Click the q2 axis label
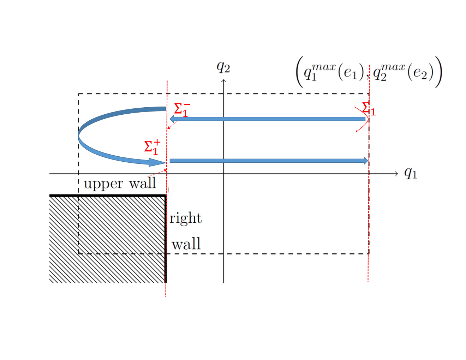[223, 67]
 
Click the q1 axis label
[411, 173]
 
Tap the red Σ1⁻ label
[182, 109]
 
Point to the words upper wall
[120, 184]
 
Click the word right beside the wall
[185, 218]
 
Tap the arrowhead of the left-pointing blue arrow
[172, 119]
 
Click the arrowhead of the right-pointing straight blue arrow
[366, 161]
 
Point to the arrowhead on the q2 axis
[224, 80]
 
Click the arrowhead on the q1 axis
[396, 174]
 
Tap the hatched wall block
[108, 239]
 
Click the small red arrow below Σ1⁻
[172, 125]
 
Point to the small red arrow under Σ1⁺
[157, 173]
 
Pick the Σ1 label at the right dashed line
[369, 109]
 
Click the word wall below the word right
[186, 244]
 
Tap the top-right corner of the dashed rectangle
[369, 94]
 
